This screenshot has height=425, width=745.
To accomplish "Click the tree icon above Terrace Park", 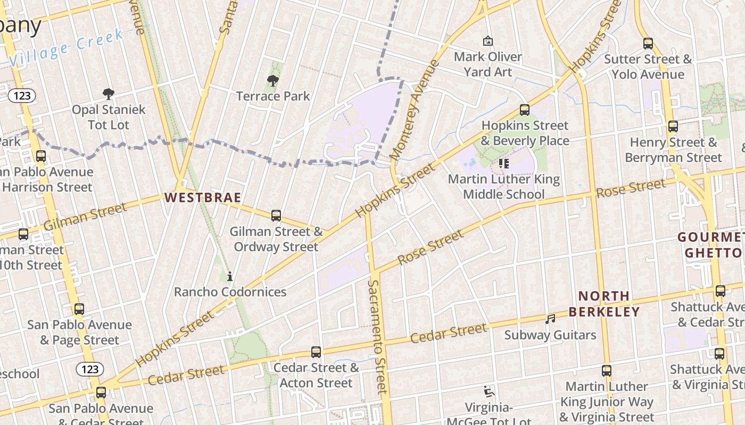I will pos(272,81).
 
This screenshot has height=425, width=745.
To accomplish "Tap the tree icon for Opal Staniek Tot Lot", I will pos(109,95).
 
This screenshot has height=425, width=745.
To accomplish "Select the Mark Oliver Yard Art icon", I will pos(487,41).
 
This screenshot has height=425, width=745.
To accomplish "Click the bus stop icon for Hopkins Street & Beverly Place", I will pos(525,110).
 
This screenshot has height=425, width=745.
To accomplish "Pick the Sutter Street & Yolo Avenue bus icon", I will pos(648,44).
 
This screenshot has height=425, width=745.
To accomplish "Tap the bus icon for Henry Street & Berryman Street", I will pos(673,126).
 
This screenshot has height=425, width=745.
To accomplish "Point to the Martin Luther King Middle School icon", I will pos(504,163).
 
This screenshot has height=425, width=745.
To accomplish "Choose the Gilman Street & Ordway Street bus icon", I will pos(276,216).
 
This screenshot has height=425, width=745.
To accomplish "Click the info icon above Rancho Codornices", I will pos(230,276).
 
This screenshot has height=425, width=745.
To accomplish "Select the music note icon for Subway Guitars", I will pos(550,319).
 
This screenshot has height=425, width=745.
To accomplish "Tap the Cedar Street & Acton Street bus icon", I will pos(316,352).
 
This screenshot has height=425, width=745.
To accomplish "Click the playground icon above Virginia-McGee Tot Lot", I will pos(489,392).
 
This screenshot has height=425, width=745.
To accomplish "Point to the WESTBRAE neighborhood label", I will pos(202,198).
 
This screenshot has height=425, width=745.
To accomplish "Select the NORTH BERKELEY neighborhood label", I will pos(604,304).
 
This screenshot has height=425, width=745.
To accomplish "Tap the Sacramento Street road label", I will pos(376,337).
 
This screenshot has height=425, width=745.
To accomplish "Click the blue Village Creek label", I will pos(67,49).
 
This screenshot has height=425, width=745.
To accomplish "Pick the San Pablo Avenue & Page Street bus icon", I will pos(79,309).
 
